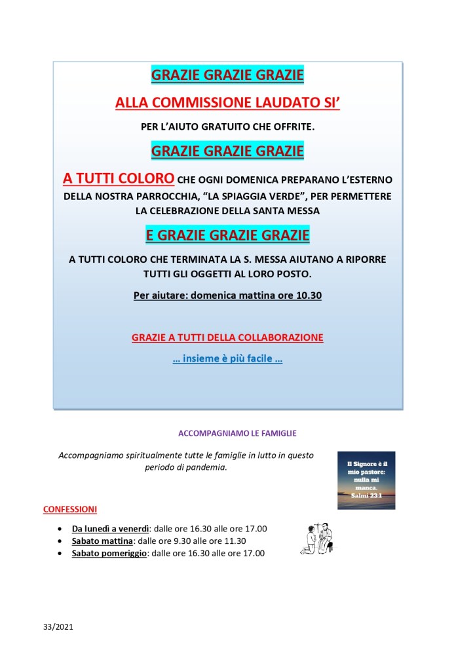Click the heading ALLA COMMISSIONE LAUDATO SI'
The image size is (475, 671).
click(x=227, y=102)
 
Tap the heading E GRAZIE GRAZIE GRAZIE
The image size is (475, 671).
click(x=227, y=235)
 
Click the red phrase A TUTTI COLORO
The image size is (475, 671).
click(x=119, y=178)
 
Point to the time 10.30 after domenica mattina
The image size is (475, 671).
click(x=309, y=296)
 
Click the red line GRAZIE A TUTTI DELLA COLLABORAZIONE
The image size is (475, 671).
click(x=227, y=337)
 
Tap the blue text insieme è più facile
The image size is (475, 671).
click(x=227, y=360)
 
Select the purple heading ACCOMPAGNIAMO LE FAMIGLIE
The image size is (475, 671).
click(x=227, y=433)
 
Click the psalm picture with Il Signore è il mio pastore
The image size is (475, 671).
click(x=366, y=480)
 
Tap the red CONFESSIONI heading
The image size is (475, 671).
click(x=70, y=509)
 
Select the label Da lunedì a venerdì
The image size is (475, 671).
click(x=111, y=528)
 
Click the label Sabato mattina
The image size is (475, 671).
click(x=103, y=541)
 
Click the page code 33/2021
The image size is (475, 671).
click(x=58, y=626)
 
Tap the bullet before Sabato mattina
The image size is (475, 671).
click(x=60, y=541)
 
